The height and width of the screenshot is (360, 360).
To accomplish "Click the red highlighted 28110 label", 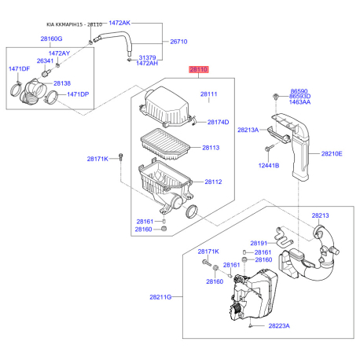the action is (x=199, y=69).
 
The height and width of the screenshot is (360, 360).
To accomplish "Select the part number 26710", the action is (x=178, y=42).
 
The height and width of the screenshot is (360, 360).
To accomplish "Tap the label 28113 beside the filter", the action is (x=211, y=148).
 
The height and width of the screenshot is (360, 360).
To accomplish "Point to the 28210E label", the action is (x=332, y=154).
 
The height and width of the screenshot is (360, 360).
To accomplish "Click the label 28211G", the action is (x=160, y=297).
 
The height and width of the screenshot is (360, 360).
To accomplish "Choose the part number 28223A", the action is (x=279, y=326).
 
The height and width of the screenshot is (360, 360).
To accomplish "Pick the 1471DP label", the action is (x=78, y=94).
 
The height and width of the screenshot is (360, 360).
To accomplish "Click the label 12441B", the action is (x=269, y=166).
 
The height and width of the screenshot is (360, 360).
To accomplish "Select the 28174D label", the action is (x=218, y=122).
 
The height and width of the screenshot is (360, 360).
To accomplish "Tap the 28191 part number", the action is (x=259, y=244).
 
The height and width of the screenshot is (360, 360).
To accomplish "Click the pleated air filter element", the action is (x=165, y=144).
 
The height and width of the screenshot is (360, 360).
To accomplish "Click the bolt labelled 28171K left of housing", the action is (x=120, y=158).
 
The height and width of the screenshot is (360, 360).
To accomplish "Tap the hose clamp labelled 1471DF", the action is (x=16, y=90).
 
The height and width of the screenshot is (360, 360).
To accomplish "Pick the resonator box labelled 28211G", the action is (x=253, y=296).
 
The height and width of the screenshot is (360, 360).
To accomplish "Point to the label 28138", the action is (x=62, y=83).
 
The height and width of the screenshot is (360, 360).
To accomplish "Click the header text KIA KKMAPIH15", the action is (x=64, y=24).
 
